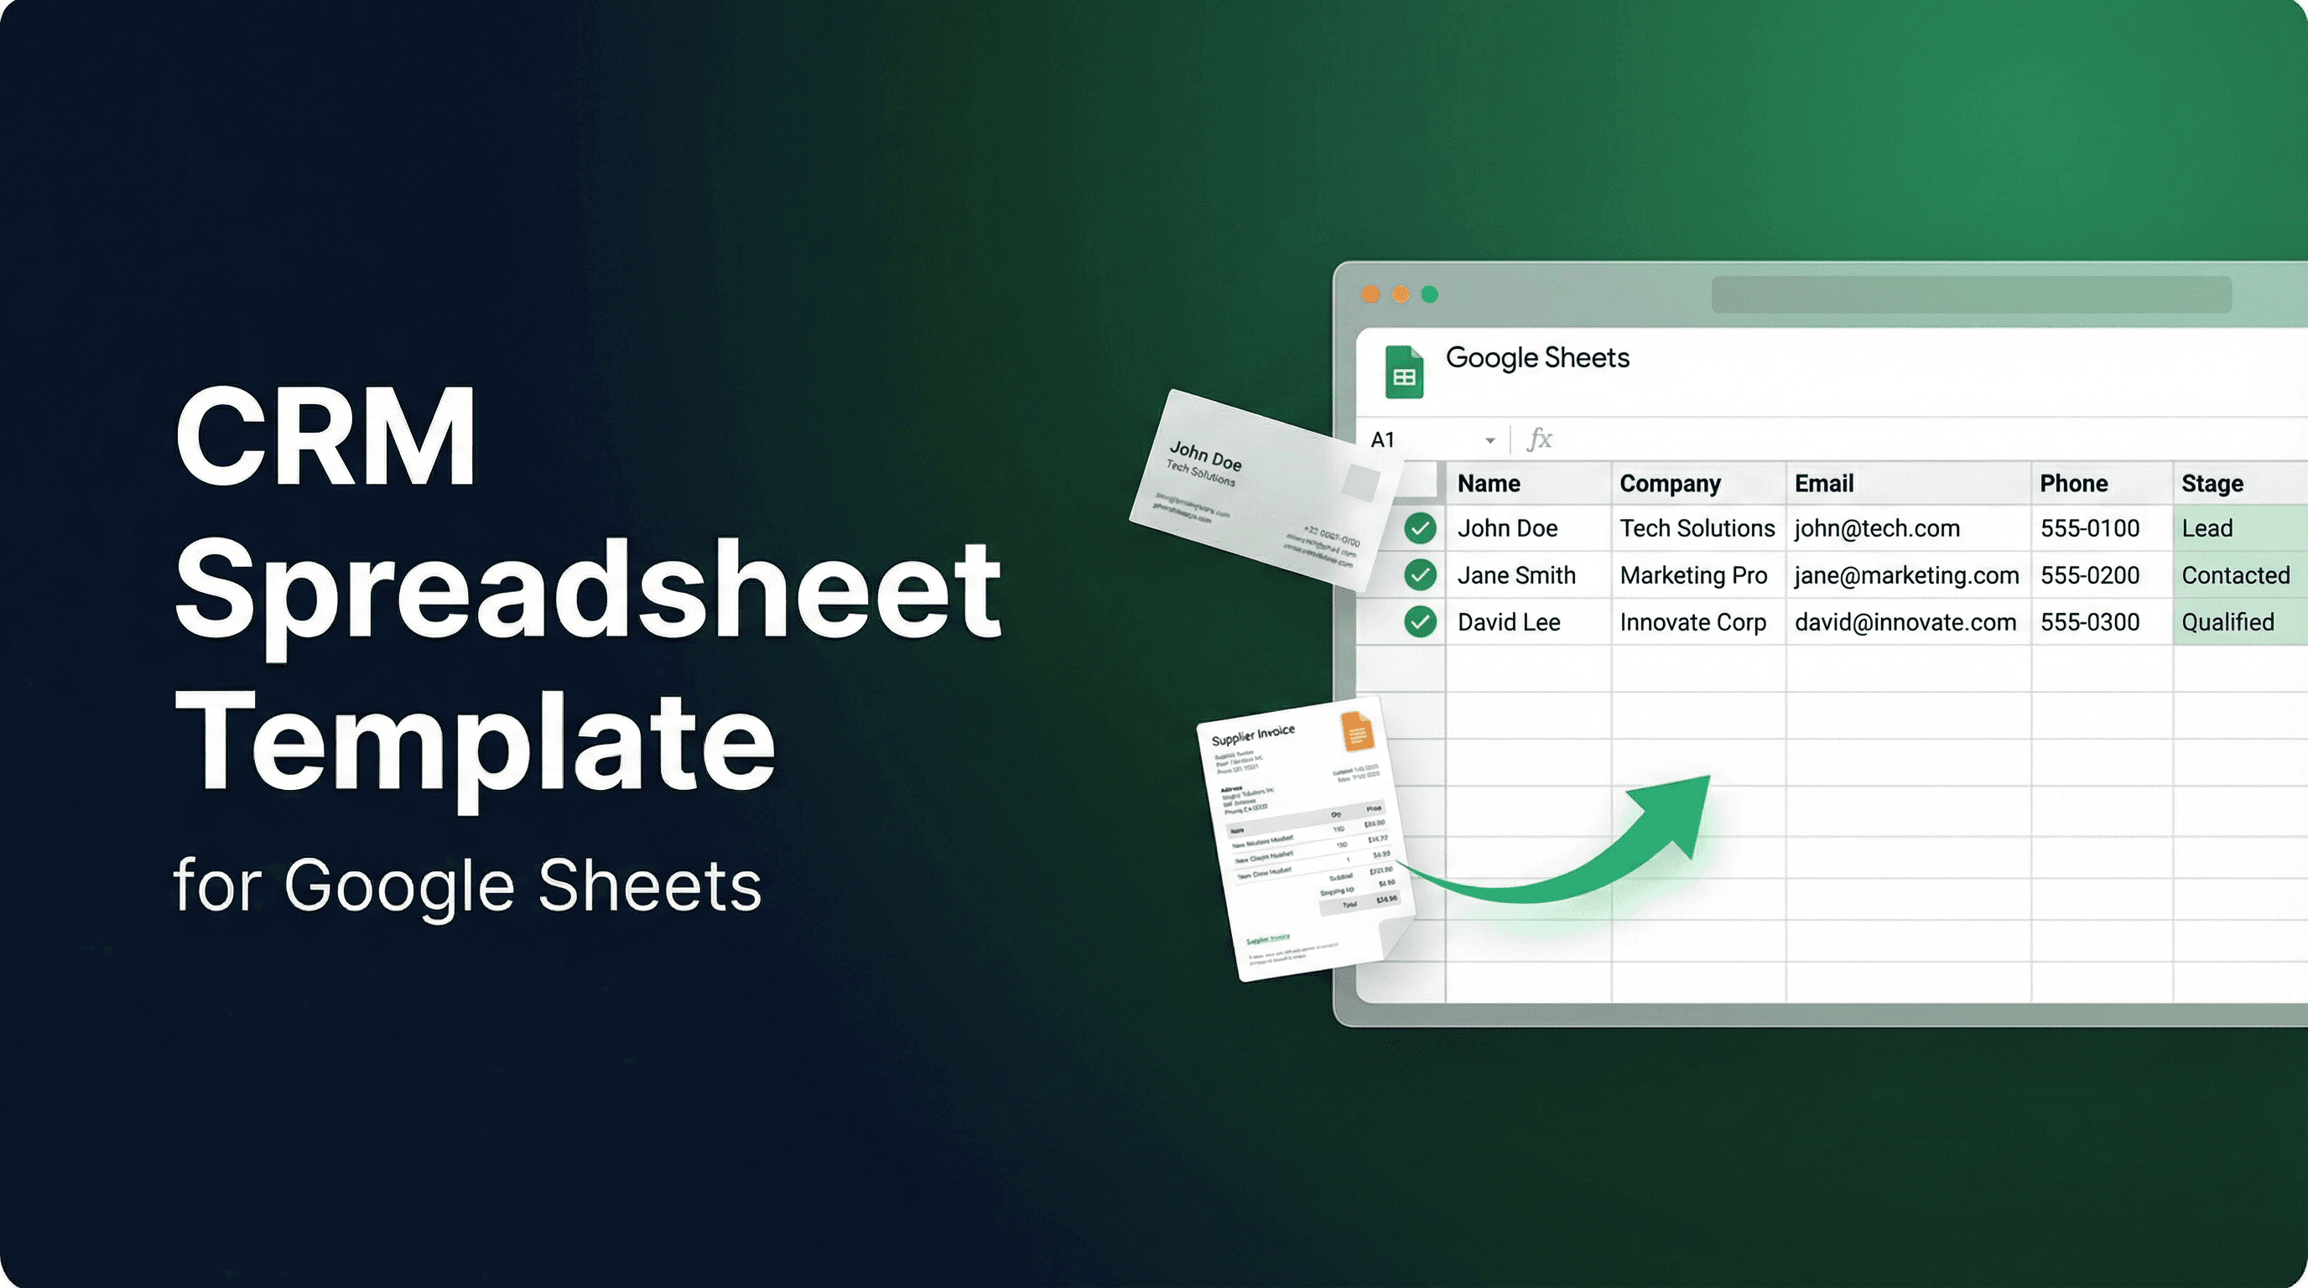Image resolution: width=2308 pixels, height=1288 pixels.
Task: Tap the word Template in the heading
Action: coord(475,744)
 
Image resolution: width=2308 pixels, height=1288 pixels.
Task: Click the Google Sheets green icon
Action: coord(1404,372)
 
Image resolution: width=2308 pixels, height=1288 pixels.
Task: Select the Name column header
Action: coord(1488,484)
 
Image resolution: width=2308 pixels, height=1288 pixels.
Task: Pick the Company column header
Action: coord(1669,484)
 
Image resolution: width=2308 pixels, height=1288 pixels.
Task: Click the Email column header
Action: coord(1823,484)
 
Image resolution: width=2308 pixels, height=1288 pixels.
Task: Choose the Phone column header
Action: coord(2073,484)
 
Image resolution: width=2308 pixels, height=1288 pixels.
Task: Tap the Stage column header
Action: coord(2212,484)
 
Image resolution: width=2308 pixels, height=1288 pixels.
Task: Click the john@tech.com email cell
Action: coord(1877,528)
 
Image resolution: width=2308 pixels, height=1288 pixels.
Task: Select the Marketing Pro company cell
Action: coord(1693,575)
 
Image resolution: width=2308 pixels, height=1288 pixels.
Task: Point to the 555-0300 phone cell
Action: coord(2089,621)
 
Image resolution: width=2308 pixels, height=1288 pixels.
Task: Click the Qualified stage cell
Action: coord(2227,621)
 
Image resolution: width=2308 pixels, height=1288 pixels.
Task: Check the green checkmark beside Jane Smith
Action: coord(1420,575)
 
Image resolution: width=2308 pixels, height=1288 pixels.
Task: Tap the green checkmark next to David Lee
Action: coord(1420,621)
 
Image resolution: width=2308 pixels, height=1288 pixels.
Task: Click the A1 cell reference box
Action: coord(1382,439)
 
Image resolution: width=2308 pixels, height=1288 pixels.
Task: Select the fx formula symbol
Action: coord(1538,439)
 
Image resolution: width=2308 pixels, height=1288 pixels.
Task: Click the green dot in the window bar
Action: coord(1430,294)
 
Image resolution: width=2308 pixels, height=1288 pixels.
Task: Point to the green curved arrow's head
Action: coord(1684,806)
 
